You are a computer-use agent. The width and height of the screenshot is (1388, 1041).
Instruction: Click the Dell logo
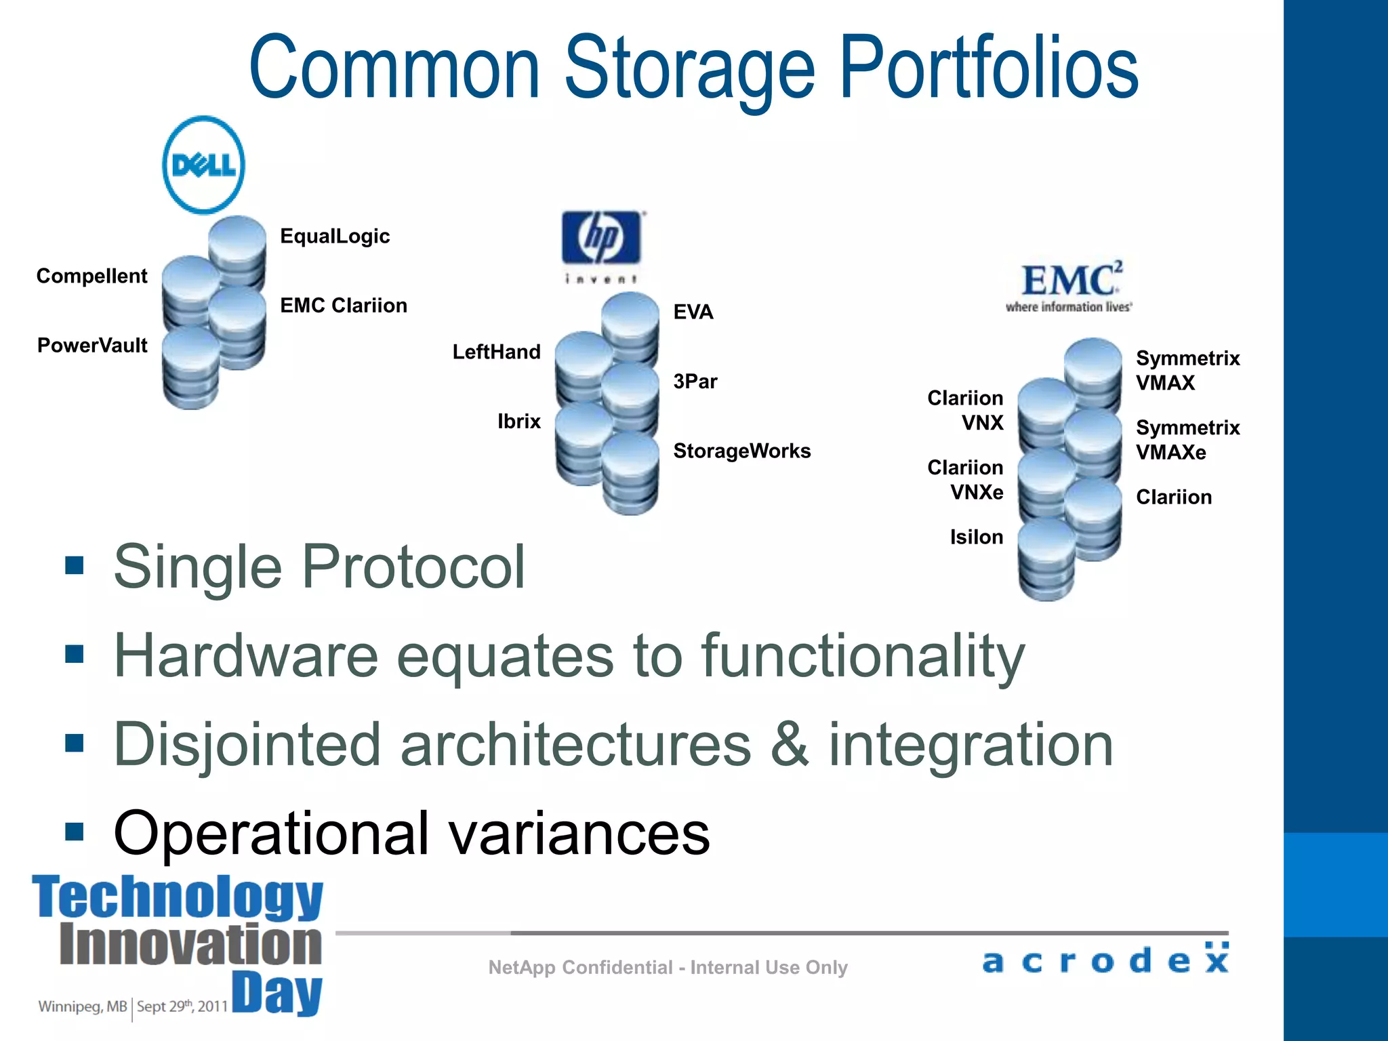pyautogui.click(x=203, y=165)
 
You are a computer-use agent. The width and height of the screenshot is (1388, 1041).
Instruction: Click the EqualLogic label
pyautogui.click(x=335, y=236)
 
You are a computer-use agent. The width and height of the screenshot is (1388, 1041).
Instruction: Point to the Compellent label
pyautogui.click(x=91, y=276)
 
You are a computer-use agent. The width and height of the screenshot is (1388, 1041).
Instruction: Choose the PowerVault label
pyautogui.click(x=92, y=345)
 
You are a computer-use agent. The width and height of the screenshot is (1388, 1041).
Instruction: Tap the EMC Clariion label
pyautogui.click(x=344, y=305)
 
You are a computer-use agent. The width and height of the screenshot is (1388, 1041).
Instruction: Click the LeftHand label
pyautogui.click(x=496, y=352)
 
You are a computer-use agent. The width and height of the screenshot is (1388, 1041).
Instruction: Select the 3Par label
pyautogui.click(x=695, y=381)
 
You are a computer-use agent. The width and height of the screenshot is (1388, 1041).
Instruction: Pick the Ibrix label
pyautogui.click(x=518, y=422)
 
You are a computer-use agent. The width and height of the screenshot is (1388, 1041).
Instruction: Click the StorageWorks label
pyautogui.click(x=741, y=451)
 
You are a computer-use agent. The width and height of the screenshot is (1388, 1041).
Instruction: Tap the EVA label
pyautogui.click(x=693, y=312)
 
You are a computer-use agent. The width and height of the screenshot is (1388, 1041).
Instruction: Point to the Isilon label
pyautogui.click(x=976, y=537)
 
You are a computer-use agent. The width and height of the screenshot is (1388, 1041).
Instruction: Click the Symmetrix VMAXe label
pyautogui.click(x=1187, y=440)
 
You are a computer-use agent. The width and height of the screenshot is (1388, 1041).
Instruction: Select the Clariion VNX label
pyautogui.click(x=965, y=410)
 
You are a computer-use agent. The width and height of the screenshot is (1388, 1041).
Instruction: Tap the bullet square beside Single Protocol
pyautogui.click(x=75, y=565)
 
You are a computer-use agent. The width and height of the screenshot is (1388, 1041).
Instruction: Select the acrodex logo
pyautogui.click(x=1105, y=959)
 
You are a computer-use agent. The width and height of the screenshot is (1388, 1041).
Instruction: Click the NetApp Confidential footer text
pyautogui.click(x=668, y=967)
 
